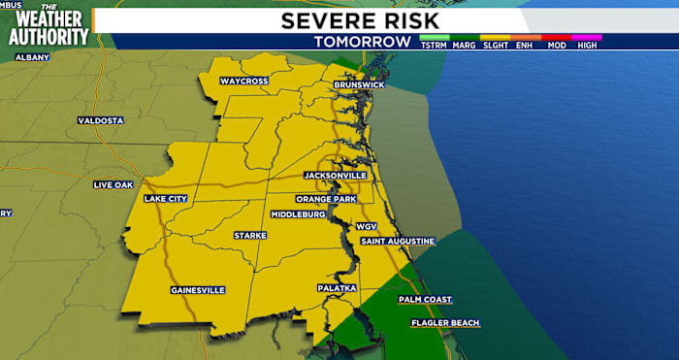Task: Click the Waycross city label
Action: (x=244, y=81)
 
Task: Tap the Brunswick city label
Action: (x=359, y=85)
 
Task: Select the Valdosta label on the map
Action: (x=101, y=120)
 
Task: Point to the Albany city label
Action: (x=32, y=58)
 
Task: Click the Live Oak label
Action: (x=113, y=184)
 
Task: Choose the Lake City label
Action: (x=166, y=199)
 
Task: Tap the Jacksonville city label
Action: (x=335, y=176)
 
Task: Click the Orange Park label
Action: (x=327, y=199)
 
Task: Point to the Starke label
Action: (x=250, y=236)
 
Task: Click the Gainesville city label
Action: (x=198, y=290)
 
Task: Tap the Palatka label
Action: (x=338, y=289)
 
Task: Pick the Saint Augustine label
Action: (x=398, y=241)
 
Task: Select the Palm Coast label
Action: (x=425, y=300)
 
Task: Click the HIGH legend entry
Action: (x=587, y=46)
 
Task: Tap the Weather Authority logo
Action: (x=48, y=25)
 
